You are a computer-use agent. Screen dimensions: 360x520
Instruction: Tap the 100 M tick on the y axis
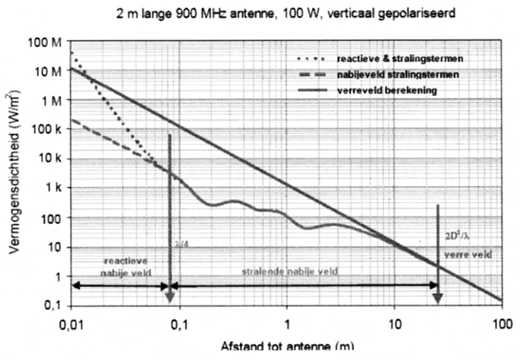tap(47, 41)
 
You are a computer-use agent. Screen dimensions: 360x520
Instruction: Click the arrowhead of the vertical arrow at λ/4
tap(170, 302)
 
